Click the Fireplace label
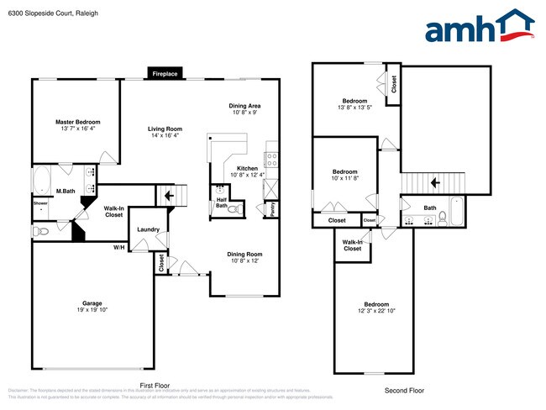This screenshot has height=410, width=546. [165, 74]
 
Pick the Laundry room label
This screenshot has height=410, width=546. [149, 229]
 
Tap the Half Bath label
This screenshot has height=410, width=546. [222, 202]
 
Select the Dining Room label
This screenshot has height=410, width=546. [245, 255]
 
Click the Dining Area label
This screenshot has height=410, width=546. [245, 106]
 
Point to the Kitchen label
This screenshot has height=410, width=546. [247, 169]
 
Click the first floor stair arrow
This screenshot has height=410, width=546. [169, 196]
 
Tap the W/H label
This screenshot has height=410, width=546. [119, 247]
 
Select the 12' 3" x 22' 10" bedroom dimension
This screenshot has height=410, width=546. [375, 311]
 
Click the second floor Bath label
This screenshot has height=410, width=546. [429, 208]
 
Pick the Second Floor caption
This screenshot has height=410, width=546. [404, 391]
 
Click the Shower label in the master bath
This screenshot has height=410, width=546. [40, 202]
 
